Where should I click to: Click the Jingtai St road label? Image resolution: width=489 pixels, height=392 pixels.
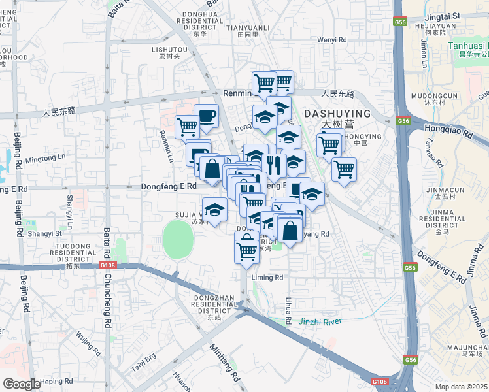(x=442, y=15)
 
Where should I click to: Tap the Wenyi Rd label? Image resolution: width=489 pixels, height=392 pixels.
(x=331, y=40)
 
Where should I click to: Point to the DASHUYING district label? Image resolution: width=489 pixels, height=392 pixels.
(x=337, y=113)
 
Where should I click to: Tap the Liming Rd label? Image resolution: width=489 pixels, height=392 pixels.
(x=267, y=277)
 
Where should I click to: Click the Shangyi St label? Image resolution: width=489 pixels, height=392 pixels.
(x=45, y=233)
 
